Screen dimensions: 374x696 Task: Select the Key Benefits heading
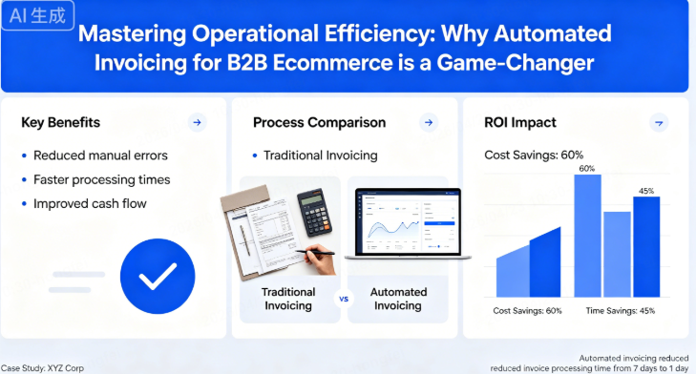pos(60,122)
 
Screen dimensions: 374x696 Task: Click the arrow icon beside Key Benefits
pos(197,122)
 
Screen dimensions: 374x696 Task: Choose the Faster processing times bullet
pos(101,179)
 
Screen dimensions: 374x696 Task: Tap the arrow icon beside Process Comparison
pos(429,122)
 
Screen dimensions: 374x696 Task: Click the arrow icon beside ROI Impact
pos(658,122)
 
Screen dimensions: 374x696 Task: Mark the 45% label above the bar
pos(645,191)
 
